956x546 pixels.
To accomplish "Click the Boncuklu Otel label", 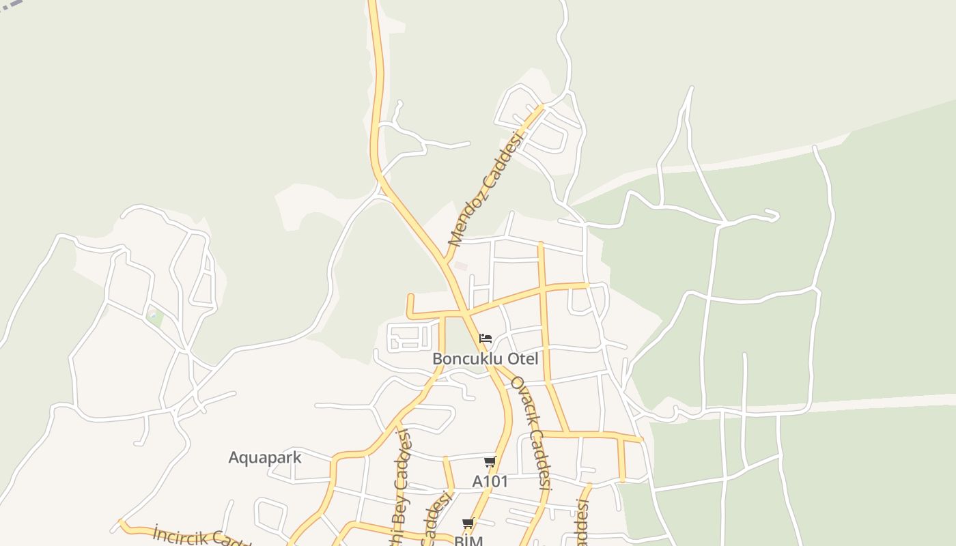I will (x=485, y=359).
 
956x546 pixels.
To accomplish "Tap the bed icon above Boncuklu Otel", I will (x=486, y=339).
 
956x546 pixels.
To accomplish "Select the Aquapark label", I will (x=264, y=457).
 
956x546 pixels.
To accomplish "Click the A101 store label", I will (x=490, y=482).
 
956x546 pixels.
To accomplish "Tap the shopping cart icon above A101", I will (x=490, y=462).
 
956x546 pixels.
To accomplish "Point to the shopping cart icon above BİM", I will (x=468, y=523).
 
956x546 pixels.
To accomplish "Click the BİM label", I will (x=468, y=541).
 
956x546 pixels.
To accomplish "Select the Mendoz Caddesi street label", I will (x=485, y=188).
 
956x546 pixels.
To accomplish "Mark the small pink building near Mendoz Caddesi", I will (x=461, y=265).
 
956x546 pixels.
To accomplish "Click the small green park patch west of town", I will (x=155, y=317).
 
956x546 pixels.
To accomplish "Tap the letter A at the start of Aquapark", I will (x=234, y=457).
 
